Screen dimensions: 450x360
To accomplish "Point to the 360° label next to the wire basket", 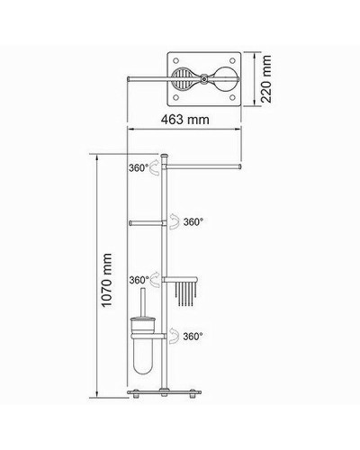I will tap(138, 280).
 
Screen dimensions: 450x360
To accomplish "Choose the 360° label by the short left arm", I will tap(194, 220).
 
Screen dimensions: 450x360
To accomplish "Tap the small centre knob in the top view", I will tap(204, 79).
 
